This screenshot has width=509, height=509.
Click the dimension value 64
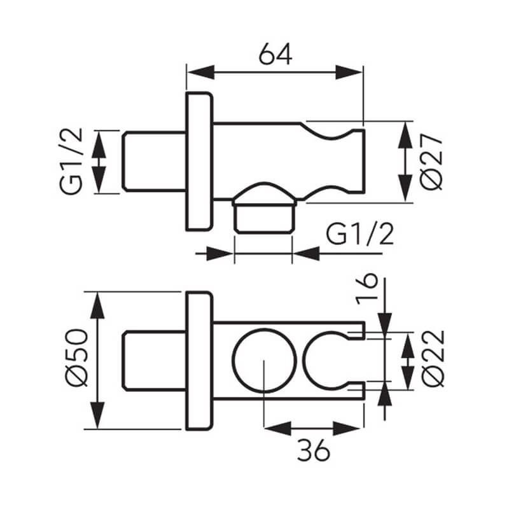275,54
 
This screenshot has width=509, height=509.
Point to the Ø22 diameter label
433,358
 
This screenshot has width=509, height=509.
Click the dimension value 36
313,450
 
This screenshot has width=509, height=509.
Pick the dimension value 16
366,289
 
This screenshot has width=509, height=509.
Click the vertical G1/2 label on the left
71,162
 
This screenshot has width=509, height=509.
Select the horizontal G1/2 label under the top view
360,234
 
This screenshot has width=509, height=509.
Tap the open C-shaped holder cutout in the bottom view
303,361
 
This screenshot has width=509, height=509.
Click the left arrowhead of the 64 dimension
201,72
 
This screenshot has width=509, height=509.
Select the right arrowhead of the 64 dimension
349,72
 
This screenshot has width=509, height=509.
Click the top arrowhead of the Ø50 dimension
97,305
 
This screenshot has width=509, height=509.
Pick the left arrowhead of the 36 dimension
278,429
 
